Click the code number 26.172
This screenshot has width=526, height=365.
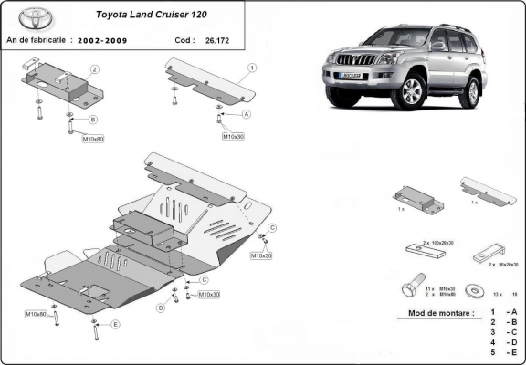coord(217,40)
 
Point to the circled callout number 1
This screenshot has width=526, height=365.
coord(251,68)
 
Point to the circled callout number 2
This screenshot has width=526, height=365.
coord(93,69)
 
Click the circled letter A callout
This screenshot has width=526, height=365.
coord(246,114)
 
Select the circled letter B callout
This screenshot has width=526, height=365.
coord(92,120)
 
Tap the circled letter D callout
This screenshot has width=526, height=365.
coord(160,308)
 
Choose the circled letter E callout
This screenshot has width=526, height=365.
coord(115,325)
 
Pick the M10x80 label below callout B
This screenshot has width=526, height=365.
coord(95,140)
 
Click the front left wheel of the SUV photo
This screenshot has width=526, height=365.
coord(411,92)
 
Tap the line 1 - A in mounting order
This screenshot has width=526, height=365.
coord(504,313)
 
